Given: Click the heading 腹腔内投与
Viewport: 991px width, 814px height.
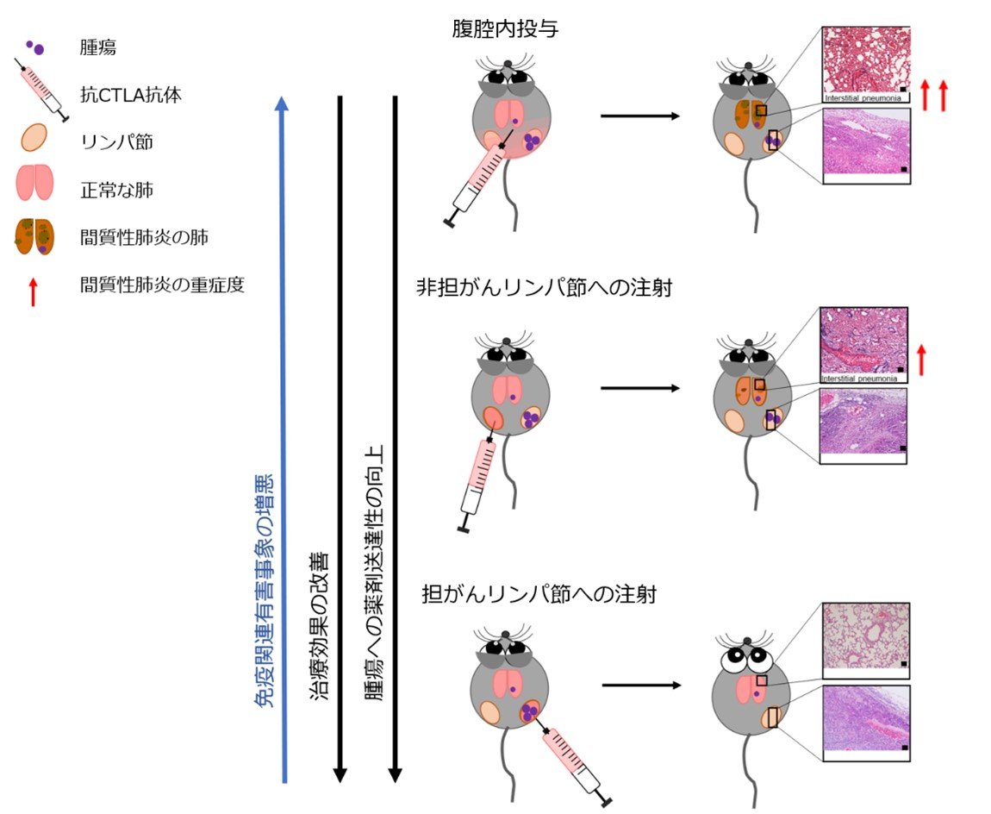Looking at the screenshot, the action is pos(505,29).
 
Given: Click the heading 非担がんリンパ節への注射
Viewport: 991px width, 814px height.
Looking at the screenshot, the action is pos(544,288).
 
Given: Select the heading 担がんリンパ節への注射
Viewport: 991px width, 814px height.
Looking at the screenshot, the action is pos(539,594).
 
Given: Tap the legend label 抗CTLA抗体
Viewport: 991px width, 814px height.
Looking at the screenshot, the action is pos(131,95).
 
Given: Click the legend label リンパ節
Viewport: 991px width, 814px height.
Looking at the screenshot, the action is pos(117,141).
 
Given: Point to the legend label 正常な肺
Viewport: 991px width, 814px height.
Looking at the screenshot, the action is pos(117,190).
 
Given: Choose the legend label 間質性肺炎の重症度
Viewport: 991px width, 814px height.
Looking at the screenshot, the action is pos(162,285).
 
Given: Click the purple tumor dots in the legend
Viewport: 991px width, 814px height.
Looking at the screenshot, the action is pos(35,47).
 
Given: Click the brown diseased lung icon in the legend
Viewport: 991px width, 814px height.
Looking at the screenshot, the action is pos(34,236).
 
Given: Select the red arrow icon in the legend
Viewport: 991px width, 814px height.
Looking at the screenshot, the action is pos(34,292).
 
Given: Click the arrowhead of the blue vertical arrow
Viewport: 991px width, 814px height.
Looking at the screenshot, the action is pos(283,103).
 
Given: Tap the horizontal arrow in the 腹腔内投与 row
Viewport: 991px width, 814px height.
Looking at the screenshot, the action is pos(639,116).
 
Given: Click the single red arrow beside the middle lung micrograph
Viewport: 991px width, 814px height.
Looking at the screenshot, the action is pos(921,360).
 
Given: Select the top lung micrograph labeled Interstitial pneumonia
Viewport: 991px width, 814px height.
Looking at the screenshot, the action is pos(866,64).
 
